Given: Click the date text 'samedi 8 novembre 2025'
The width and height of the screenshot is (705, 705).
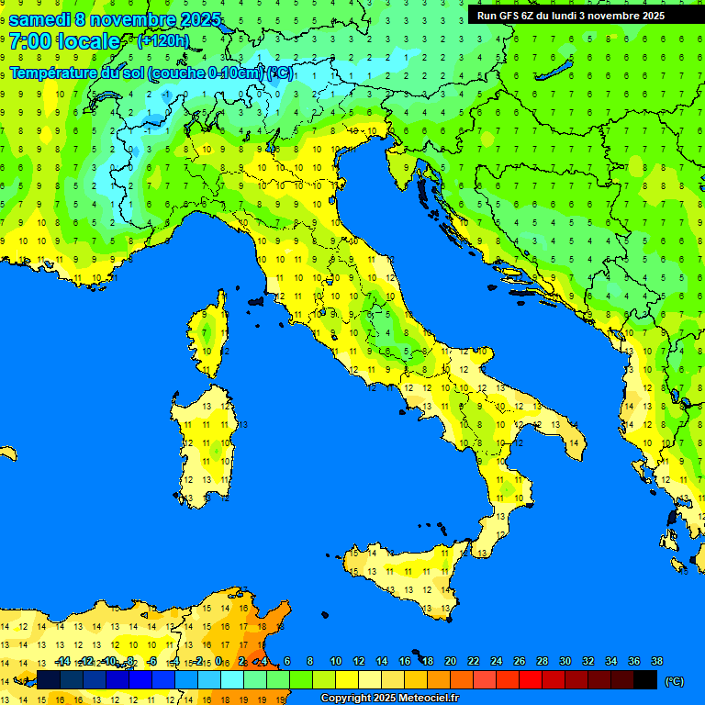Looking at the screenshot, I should coord(115,19).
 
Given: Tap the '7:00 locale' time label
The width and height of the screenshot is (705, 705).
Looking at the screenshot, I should coord(63,41).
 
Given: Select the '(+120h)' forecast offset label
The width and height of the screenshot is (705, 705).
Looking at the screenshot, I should coord(162,40).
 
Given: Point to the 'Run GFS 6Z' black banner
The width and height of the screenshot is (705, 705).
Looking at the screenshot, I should coord(570,15).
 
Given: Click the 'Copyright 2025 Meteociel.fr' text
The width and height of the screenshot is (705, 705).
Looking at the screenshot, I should coord(389,699).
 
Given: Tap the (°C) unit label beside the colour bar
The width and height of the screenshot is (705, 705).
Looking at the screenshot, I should coord(674,680).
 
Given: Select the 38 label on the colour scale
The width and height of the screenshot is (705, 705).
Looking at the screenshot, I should coord(656,662).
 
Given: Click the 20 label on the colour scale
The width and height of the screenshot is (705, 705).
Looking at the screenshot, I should coord(450,662).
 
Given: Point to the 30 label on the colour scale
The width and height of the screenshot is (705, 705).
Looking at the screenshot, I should coord(565,662).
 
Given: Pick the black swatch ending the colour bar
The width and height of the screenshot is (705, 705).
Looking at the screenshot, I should coord(645,679).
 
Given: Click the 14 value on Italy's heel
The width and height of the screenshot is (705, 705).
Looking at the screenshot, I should coord(574,443).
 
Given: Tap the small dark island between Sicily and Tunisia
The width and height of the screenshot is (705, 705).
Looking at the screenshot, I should coord(322,616).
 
